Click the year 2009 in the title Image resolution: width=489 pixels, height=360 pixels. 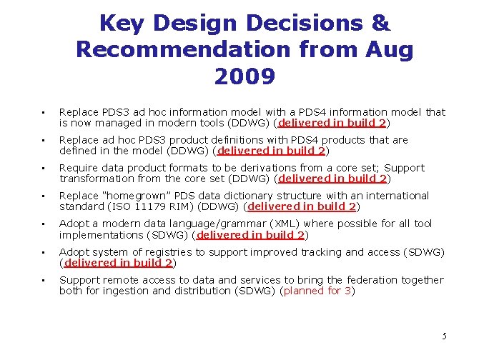tap(244, 76)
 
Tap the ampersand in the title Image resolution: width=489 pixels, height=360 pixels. tap(380, 23)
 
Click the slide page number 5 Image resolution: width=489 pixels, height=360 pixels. tap(444, 336)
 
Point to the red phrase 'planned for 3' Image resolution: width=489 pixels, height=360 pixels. tap(317, 291)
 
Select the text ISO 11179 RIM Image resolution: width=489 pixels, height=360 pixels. tap(181, 207)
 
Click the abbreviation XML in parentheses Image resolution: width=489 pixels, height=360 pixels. tap(260, 224)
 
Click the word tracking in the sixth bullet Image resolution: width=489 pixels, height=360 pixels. tap(323, 251)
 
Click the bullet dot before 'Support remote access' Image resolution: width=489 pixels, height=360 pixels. tap(44, 281)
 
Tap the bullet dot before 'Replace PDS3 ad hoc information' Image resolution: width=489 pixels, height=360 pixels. tap(44, 113)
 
